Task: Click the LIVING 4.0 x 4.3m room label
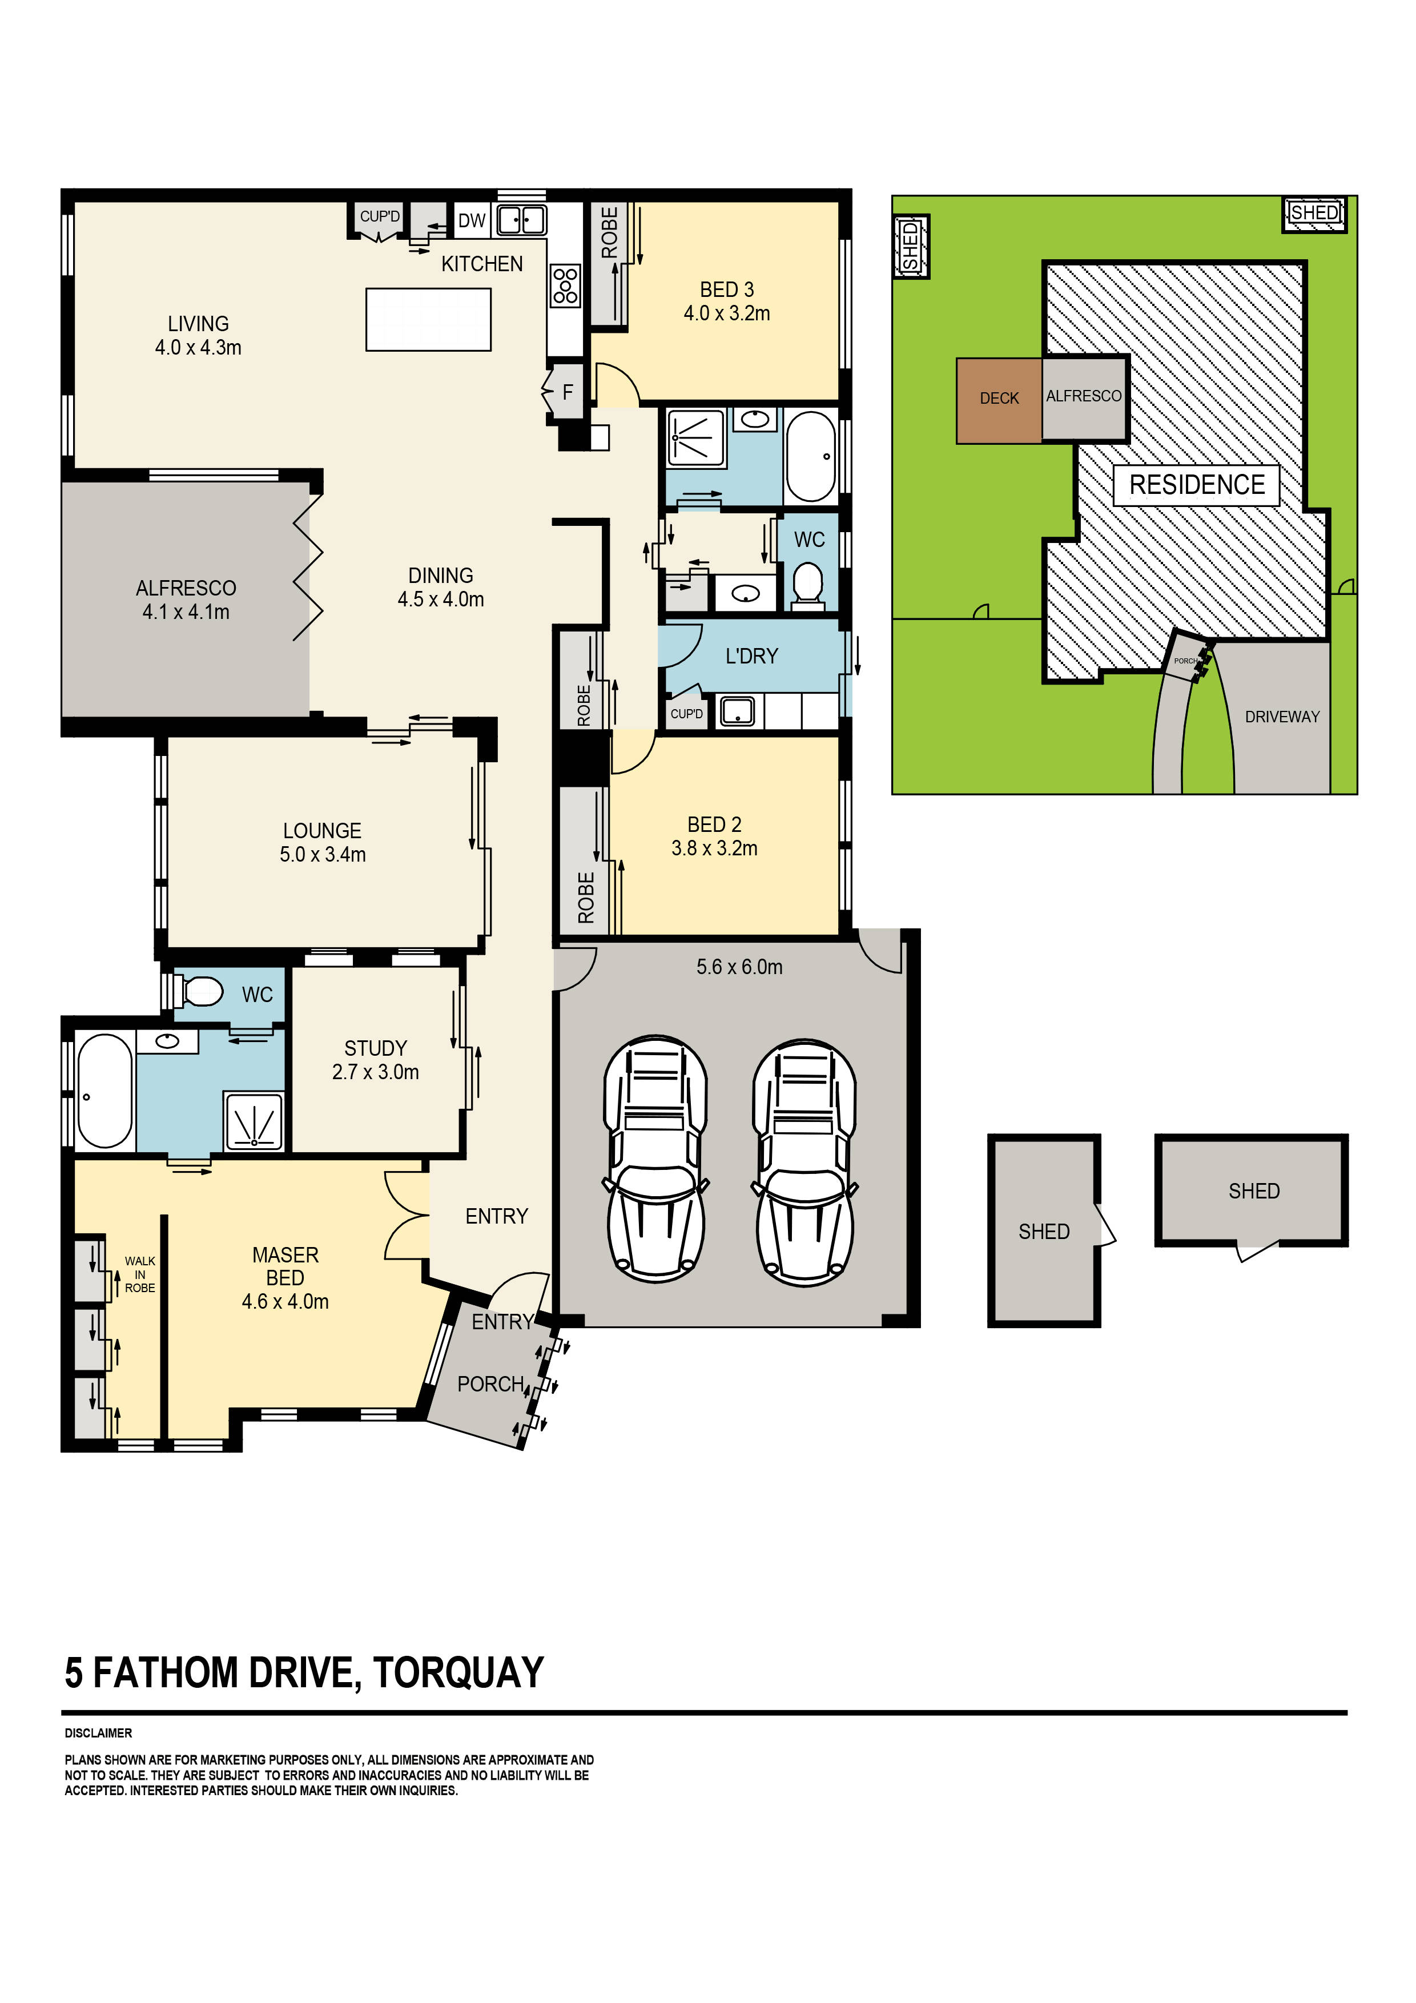click(x=198, y=336)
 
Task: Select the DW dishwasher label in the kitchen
click(x=471, y=221)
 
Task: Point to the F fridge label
click(x=567, y=393)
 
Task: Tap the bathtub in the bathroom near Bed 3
click(x=811, y=456)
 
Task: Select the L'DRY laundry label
click(x=751, y=656)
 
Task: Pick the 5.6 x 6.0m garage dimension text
click(x=739, y=967)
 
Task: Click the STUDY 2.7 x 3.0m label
click(x=375, y=1060)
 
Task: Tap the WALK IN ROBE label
click(x=139, y=1274)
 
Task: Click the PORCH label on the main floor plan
click(x=490, y=1385)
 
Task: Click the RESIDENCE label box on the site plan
click(x=1196, y=485)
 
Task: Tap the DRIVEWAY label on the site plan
click(x=1282, y=716)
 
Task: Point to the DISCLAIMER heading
click(x=99, y=1733)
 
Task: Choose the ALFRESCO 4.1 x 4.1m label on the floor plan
click(x=186, y=600)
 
